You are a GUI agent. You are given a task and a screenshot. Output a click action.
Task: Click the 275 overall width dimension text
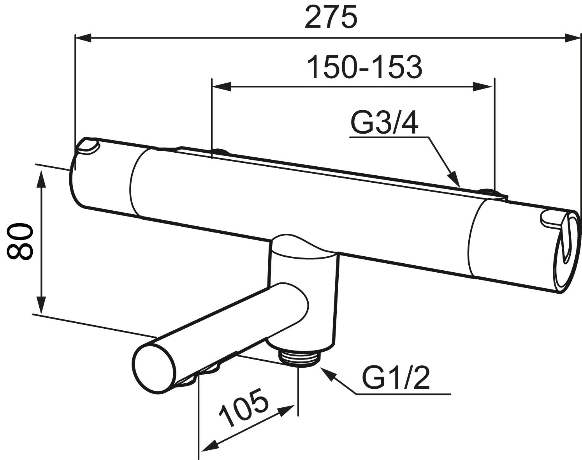(x=331, y=18)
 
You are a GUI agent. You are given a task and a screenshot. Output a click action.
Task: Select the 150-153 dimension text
(x=364, y=67)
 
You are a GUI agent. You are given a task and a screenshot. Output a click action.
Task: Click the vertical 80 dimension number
(x=19, y=241)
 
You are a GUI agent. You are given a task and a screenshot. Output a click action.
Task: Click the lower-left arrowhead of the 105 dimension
(x=207, y=444)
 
